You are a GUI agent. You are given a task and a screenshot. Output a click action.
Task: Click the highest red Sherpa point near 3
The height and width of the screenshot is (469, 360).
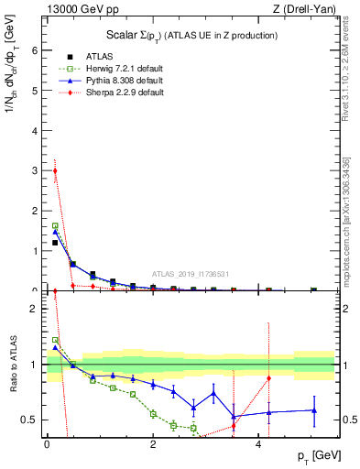pyautogui.click(x=55, y=170)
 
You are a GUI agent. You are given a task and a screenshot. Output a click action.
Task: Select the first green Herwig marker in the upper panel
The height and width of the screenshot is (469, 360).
pyautogui.click(x=55, y=225)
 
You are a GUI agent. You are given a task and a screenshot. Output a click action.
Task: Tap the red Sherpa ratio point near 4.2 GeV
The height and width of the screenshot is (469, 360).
pyautogui.click(x=268, y=378)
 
